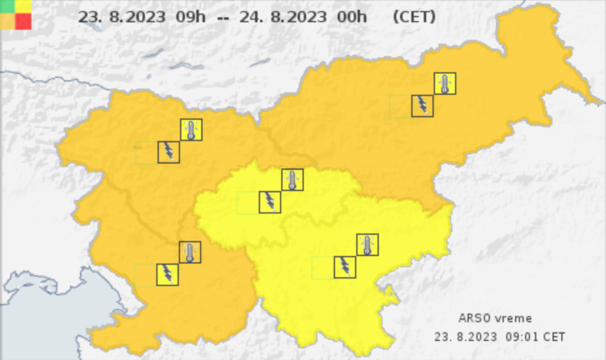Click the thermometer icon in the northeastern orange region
point(445,83)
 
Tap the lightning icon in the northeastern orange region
point(423,106)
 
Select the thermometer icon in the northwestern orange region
point(191,130)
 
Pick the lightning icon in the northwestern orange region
point(169,152)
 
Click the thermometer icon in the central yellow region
point(292,179)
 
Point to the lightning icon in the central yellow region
point(270,202)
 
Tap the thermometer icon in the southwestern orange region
point(190,252)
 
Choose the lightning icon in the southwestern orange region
point(167,275)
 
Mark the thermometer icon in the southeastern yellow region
point(368,245)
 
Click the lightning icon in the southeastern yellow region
point(345,267)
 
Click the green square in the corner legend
point(8,7)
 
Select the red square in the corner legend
point(23,21)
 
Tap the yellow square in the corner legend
point(23,7)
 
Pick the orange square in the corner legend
point(8,21)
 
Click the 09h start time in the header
point(191,17)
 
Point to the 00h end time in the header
point(352,17)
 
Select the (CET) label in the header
point(414,17)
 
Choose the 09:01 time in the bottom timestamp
point(520,337)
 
